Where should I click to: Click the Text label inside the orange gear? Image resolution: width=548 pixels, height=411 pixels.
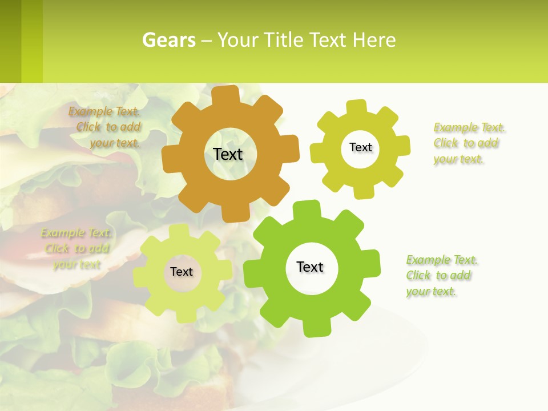coord(228,154)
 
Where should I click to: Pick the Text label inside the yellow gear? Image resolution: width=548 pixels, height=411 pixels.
coord(360,147)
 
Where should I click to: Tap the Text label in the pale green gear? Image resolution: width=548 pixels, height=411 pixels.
coord(182,272)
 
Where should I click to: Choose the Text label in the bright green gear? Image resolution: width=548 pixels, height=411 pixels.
coord(310,267)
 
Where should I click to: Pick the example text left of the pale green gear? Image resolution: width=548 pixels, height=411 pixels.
coord(76,248)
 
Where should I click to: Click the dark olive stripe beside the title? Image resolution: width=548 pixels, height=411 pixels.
coord(11,41)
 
